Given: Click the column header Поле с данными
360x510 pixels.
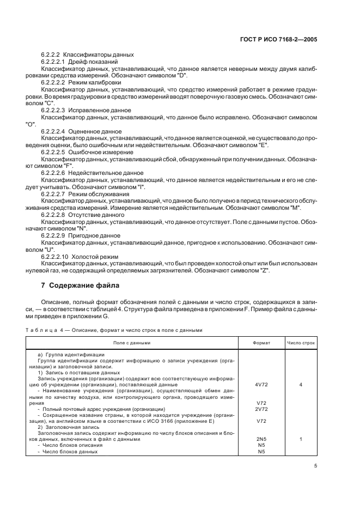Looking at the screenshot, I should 132,343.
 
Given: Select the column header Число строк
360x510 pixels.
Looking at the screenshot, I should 301,343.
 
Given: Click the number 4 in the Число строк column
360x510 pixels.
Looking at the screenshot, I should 301,385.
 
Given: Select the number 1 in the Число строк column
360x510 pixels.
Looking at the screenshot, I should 301,439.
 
